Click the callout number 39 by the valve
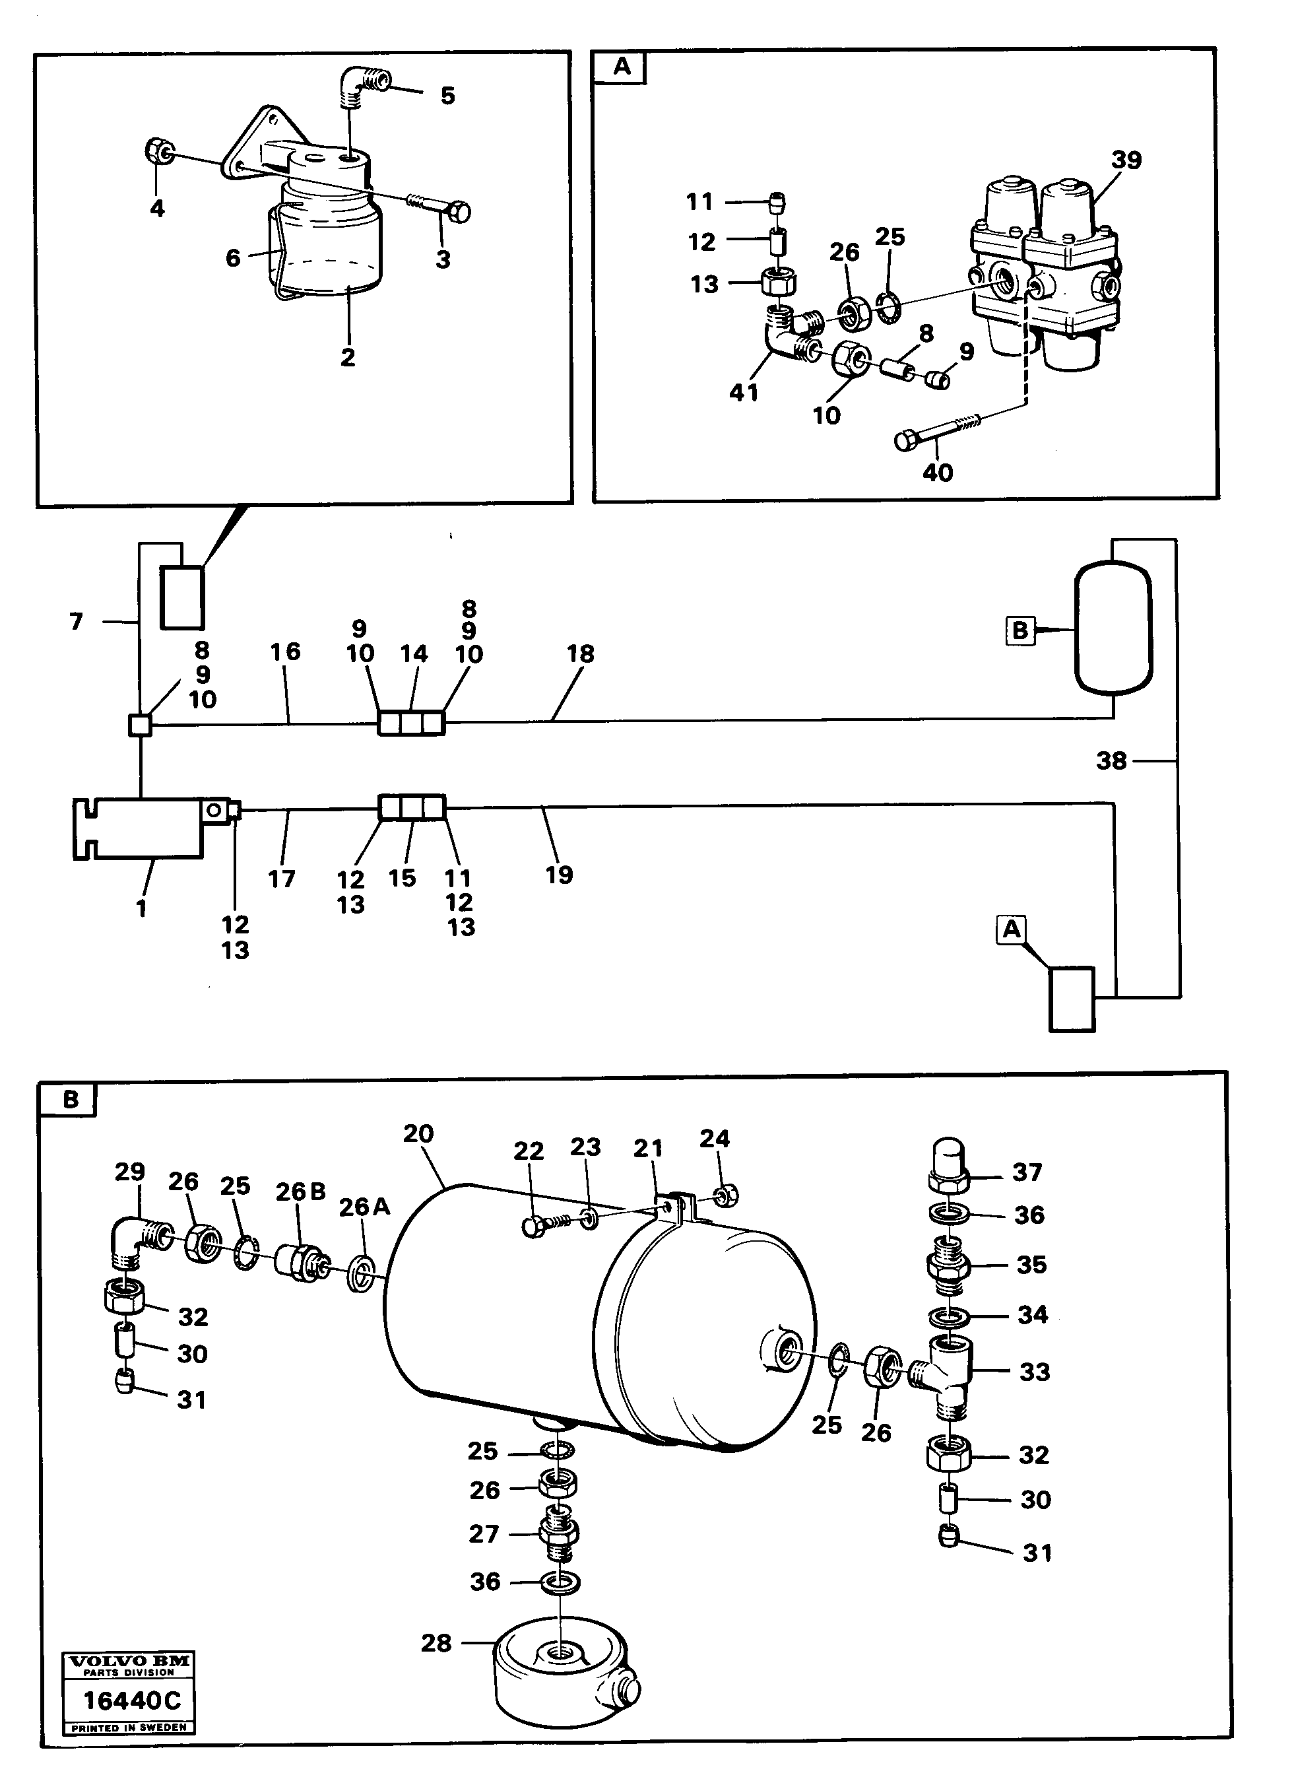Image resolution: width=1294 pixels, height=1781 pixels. [x=1125, y=160]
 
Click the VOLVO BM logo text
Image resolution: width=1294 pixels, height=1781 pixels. [x=129, y=1661]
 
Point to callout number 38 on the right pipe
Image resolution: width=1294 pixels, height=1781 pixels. [x=1111, y=760]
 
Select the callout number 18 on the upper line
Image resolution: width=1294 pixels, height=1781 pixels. [x=580, y=654]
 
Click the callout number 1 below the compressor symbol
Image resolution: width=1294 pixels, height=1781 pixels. [x=141, y=908]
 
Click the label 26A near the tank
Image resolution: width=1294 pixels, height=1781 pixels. [x=364, y=1206]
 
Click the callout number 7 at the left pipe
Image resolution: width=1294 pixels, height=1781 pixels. [x=75, y=621]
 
